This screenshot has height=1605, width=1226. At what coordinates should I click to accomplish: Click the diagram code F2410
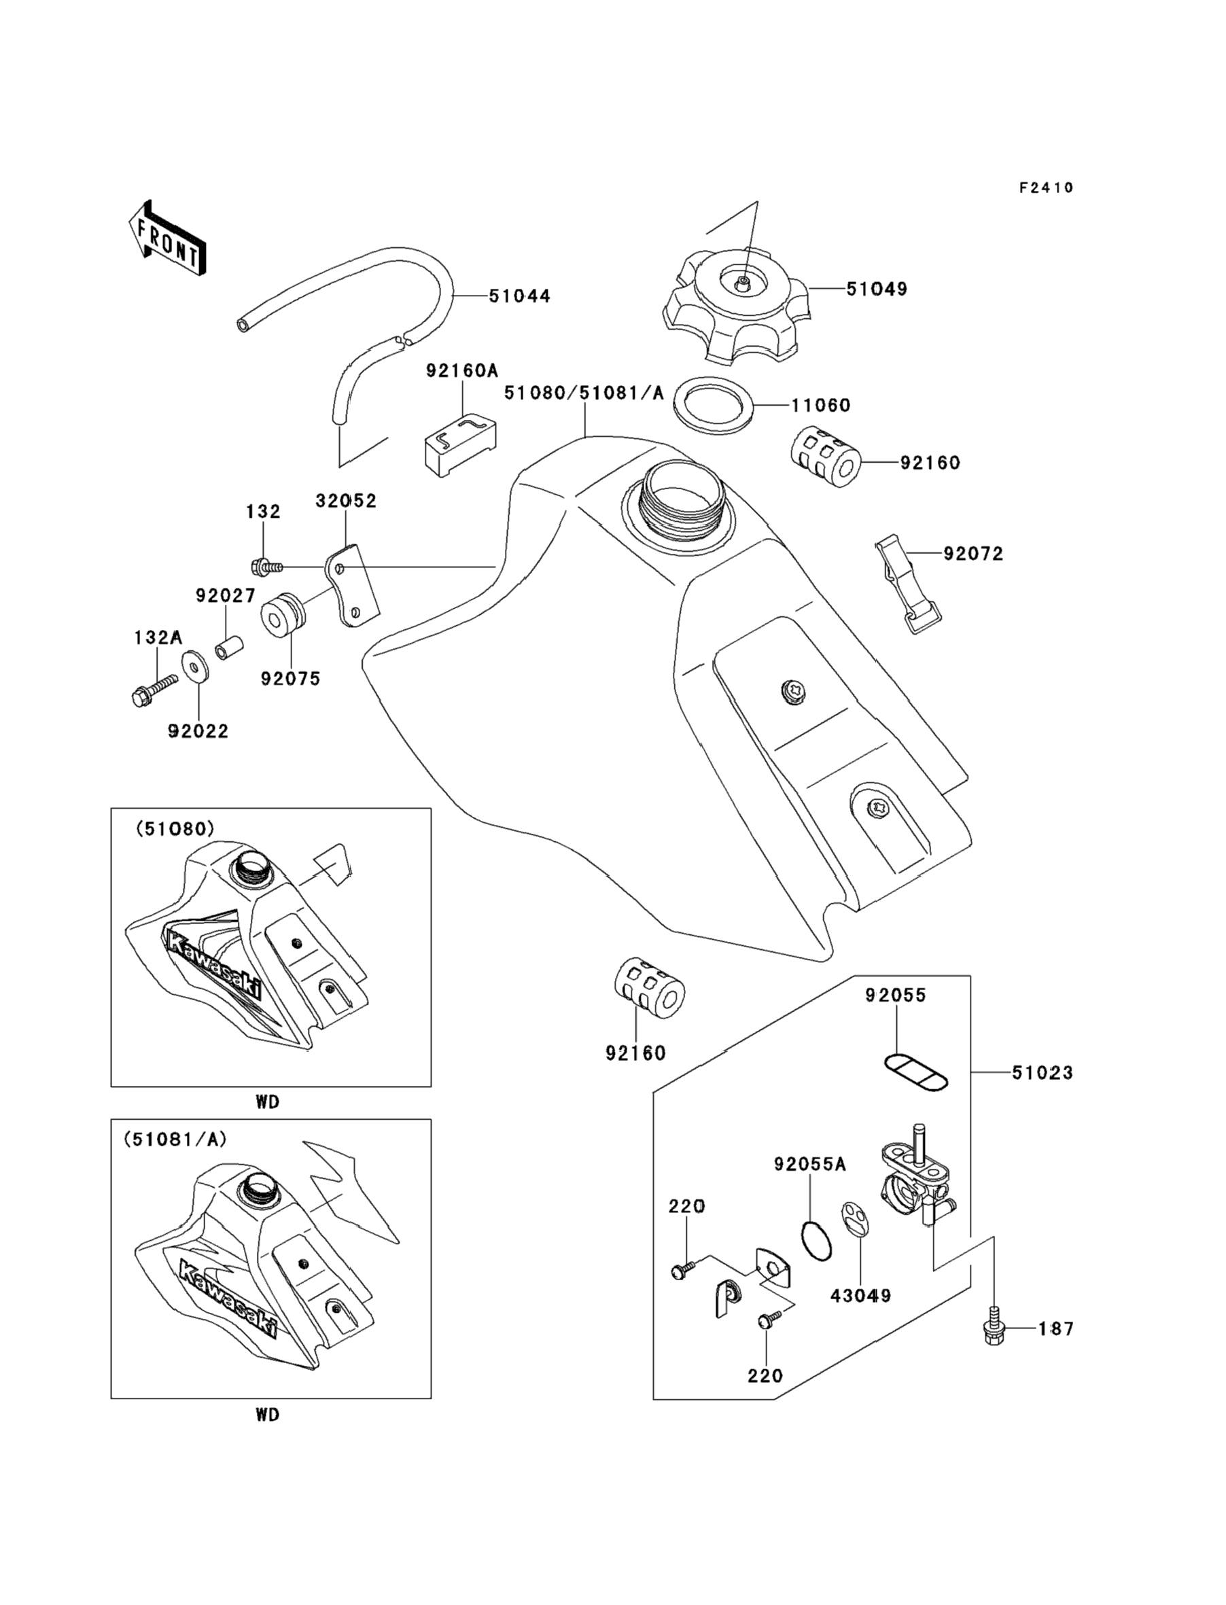1046,188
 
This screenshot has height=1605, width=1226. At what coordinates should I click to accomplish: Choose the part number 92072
973,554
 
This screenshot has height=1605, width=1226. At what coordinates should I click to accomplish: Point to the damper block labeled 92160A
461,444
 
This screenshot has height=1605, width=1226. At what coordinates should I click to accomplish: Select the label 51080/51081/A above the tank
584,393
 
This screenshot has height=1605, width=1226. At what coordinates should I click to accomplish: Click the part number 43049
860,1296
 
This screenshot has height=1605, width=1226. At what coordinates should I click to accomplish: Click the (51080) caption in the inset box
175,829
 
